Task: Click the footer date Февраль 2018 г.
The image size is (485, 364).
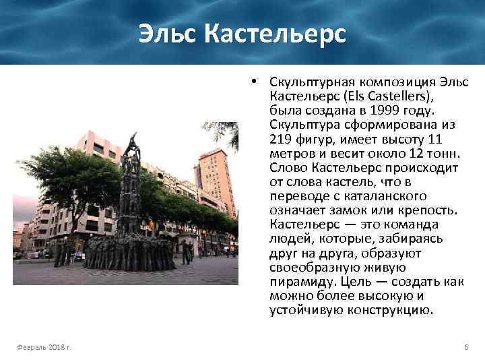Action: [45, 346]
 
